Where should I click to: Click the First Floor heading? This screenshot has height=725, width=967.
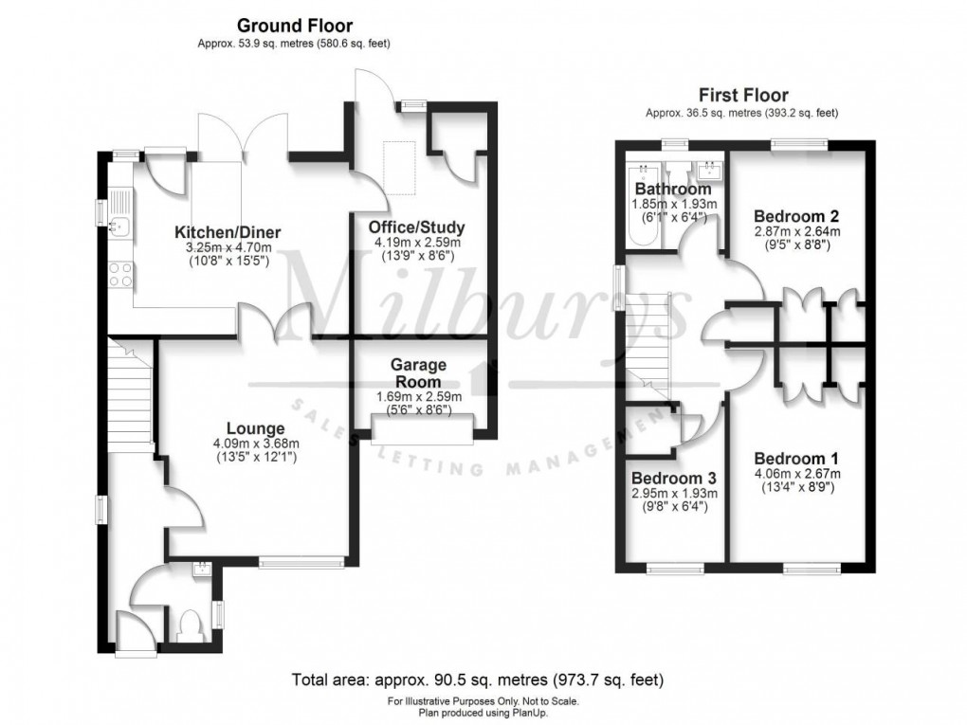pos(743,95)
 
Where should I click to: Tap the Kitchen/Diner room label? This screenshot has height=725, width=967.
pos(227,233)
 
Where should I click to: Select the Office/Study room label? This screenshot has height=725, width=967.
pos(417,227)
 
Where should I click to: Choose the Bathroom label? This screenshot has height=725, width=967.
pos(674,190)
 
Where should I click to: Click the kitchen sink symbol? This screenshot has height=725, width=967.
pos(120,226)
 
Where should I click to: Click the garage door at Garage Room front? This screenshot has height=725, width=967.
pos(420,433)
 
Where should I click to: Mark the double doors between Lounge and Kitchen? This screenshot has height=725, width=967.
pos(291,327)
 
